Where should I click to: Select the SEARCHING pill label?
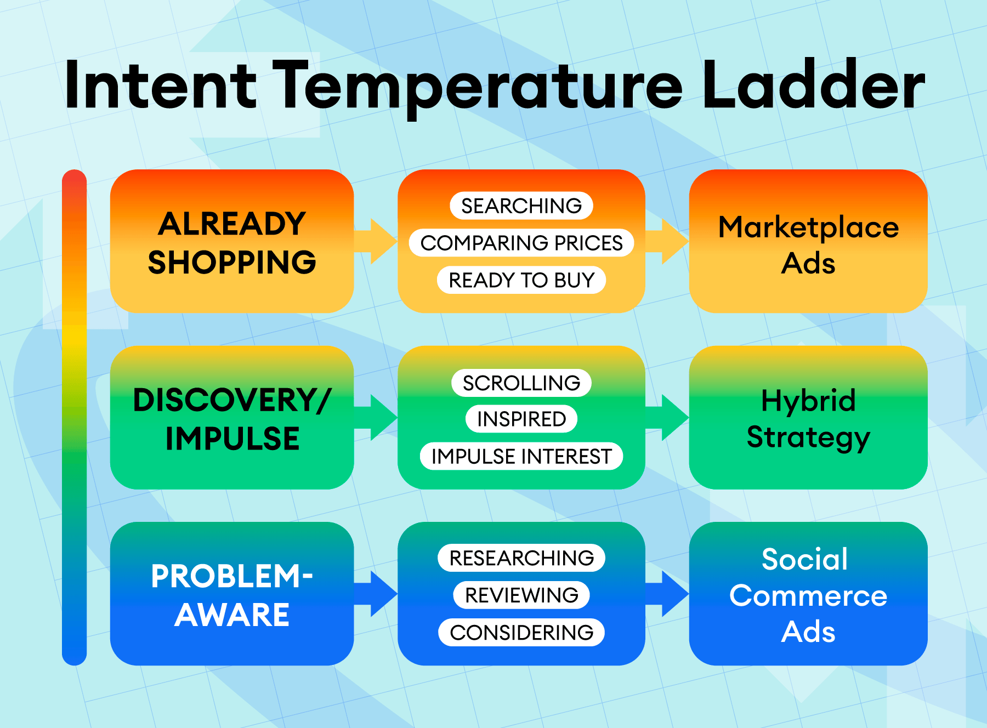521,206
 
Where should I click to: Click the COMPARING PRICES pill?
521,243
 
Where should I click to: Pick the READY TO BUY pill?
521,280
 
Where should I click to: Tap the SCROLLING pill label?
521,383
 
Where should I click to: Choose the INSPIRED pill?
521,419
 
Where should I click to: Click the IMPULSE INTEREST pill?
521,456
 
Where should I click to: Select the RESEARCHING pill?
521,558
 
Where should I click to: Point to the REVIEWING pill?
521,595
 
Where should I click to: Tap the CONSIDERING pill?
521,633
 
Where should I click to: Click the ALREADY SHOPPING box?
232,242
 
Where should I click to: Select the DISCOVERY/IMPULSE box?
232,418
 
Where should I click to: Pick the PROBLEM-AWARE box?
232,594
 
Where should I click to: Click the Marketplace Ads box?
808,242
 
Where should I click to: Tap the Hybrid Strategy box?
808,418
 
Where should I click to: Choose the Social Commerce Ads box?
808,594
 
